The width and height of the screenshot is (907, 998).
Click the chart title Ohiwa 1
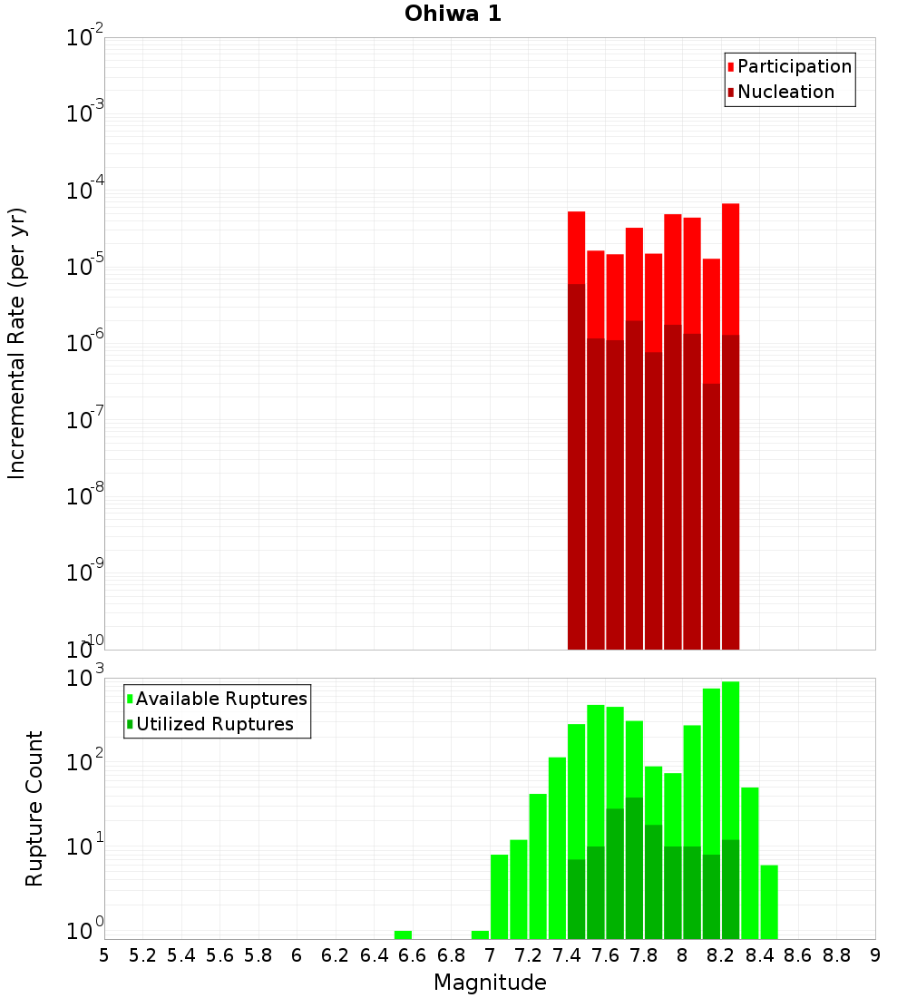pyautogui.click(x=453, y=15)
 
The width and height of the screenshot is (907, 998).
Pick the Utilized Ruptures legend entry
pyautogui.click(x=214, y=724)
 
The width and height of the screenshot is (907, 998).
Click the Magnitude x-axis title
pyautogui.click(x=490, y=983)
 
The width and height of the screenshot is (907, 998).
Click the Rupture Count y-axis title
pyautogui.click(x=34, y=807)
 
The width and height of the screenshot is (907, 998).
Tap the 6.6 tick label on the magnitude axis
pyautogui.click(x=413, y=955)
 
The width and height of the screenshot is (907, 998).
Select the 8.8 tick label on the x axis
pyautogui.click(x=836, y=955)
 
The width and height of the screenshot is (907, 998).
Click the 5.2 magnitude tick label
pyautogui.click(x=142, y=955)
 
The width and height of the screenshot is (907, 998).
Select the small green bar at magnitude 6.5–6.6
pyautogui.click(x=403, y=934)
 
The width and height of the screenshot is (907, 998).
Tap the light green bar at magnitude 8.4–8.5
pyautogui.click(x=769, y=902)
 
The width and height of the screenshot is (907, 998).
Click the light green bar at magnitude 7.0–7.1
pyautogui.click(x=499, y=896)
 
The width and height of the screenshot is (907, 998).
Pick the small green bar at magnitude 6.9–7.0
pyautogui.click(x=480, y=934)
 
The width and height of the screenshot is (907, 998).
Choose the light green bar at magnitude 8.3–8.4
pyautogui.click(x=750, y=862)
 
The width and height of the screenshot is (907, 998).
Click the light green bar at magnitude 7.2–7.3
pyautogui.click(x=538, y=866)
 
